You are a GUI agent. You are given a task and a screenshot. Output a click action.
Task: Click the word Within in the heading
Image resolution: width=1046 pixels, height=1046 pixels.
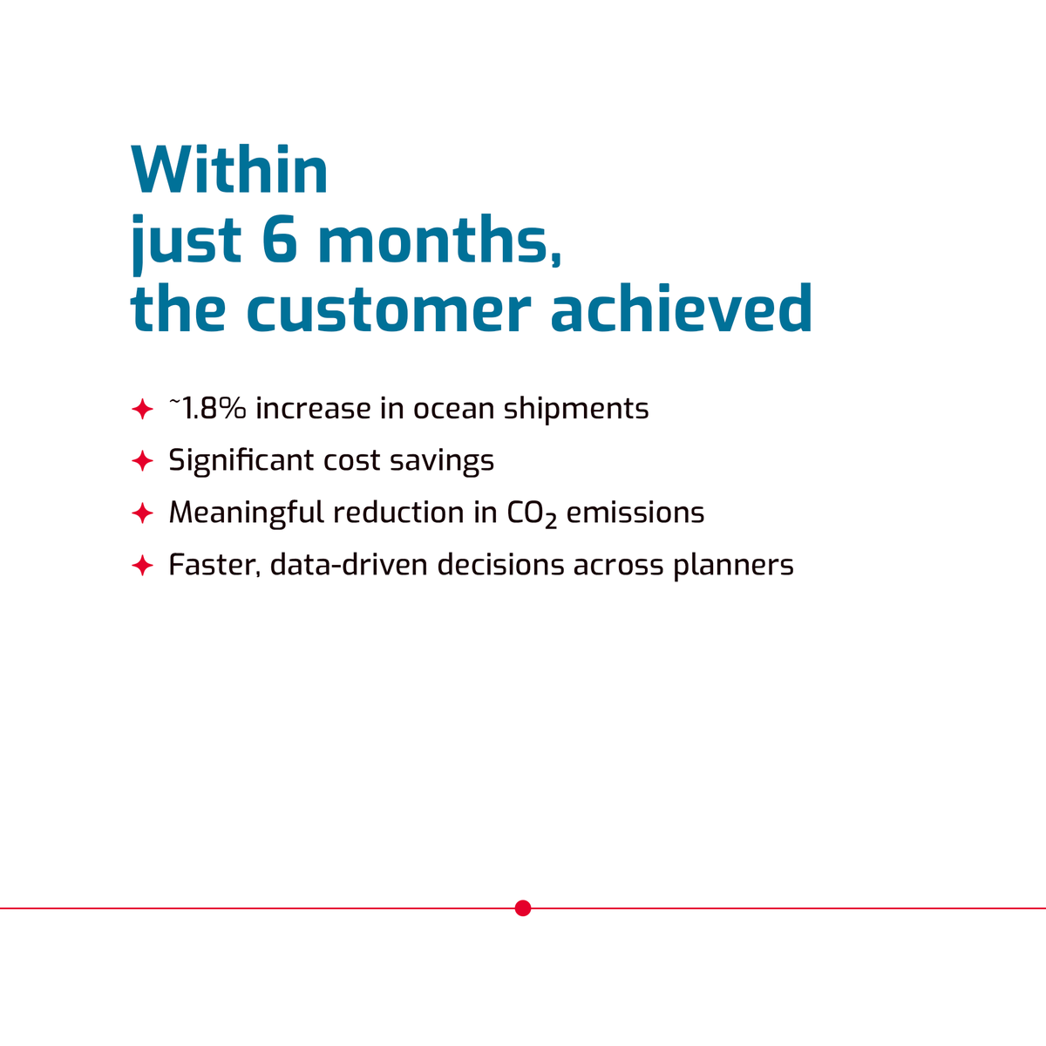[229, 170]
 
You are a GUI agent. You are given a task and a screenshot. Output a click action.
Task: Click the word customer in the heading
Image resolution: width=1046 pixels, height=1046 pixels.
[389, 309]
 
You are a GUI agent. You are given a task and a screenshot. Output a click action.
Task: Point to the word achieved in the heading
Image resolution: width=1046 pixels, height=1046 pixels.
[682, 309]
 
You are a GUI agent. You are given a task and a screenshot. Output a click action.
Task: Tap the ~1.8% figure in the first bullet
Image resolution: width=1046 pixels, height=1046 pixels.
[207, 408]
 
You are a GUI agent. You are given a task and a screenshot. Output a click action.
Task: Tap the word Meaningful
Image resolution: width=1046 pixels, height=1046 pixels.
[246, 513]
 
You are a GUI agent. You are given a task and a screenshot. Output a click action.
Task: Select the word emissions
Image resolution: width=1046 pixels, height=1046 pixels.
[635, 513]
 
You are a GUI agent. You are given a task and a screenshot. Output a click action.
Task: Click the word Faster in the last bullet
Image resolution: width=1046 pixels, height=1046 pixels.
[214, 566]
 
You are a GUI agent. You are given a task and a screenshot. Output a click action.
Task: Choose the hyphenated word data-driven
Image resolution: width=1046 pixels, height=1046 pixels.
[349, 565]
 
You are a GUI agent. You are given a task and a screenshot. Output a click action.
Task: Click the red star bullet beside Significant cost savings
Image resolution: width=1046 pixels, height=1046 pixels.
[142, 461]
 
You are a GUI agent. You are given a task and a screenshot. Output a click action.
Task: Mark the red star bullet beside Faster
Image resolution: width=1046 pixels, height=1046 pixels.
[142, 566]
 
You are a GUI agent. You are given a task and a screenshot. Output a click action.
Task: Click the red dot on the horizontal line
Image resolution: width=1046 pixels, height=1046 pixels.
[523, 908]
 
